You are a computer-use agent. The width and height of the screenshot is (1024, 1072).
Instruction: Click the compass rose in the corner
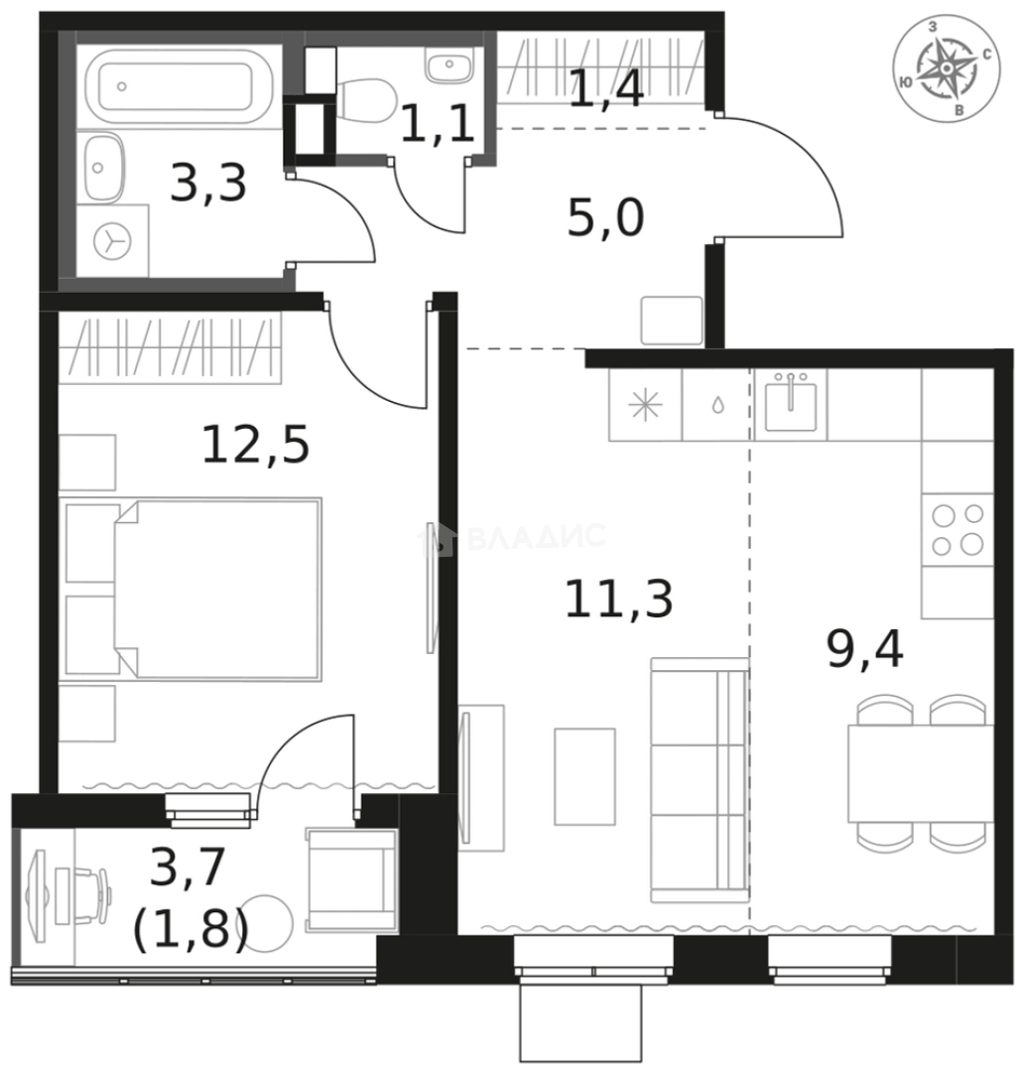946,68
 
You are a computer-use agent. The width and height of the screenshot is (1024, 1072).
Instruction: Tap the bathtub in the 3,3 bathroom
179,86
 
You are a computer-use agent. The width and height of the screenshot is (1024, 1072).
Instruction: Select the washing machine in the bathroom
112,240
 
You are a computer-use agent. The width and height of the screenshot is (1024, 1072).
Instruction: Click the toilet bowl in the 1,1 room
365,98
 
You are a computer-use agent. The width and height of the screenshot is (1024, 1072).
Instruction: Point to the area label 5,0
605,218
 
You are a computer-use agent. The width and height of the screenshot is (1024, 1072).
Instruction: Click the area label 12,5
256,445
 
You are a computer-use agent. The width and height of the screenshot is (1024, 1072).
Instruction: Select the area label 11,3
619,599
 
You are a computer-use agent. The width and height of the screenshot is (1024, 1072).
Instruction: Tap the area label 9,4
865,649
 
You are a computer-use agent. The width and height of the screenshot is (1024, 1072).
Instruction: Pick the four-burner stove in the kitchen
958,530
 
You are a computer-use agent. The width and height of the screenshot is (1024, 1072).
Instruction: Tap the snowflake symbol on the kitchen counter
645,406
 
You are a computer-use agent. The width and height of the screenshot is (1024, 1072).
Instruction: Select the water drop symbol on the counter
717,406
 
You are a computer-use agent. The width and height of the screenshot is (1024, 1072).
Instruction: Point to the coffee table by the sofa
584,776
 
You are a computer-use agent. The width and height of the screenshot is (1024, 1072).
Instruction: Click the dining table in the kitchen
921,773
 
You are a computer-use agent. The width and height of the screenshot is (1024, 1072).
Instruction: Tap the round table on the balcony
267,923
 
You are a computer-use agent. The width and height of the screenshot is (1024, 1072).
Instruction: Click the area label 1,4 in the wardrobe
606,89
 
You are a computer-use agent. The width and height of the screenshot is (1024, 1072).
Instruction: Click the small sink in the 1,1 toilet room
449,65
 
